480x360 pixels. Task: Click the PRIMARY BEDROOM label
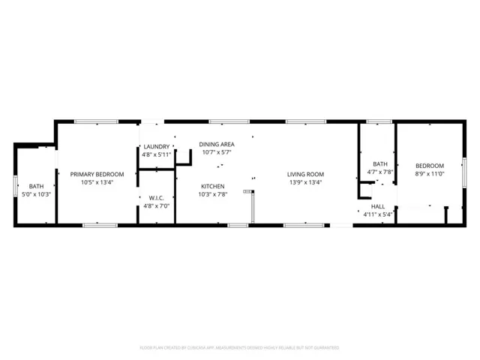click(x=97, y=174)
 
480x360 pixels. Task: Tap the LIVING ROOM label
click(x=304, y=174)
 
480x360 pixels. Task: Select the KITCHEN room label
click(x=212, y=186)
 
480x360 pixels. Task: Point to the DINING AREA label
click(x=217, y=144)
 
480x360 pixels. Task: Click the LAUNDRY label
click(x=156, y=147)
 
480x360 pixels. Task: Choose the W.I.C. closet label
click(x=156, y=198)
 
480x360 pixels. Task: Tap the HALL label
click(x=378, y=206)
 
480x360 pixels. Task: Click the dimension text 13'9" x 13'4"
click(x=304, y=181)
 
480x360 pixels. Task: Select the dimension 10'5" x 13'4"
click(x=97, y=181)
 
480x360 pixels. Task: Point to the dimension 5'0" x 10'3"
click(x=36, y=194)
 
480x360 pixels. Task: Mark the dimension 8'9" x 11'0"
click(x=430, y=173)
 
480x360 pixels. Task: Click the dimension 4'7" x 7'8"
click(x=380, y=172)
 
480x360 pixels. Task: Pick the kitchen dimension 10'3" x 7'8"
click(x=212, y=193)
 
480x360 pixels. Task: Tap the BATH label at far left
click(x=36, y=187)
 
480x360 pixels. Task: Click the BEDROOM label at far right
click(x=430, y=166)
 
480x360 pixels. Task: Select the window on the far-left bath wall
click(x=16, y=184)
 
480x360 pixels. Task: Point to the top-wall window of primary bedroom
click(x=95, y=121)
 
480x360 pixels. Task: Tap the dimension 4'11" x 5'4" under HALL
click(x=378, y=214)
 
